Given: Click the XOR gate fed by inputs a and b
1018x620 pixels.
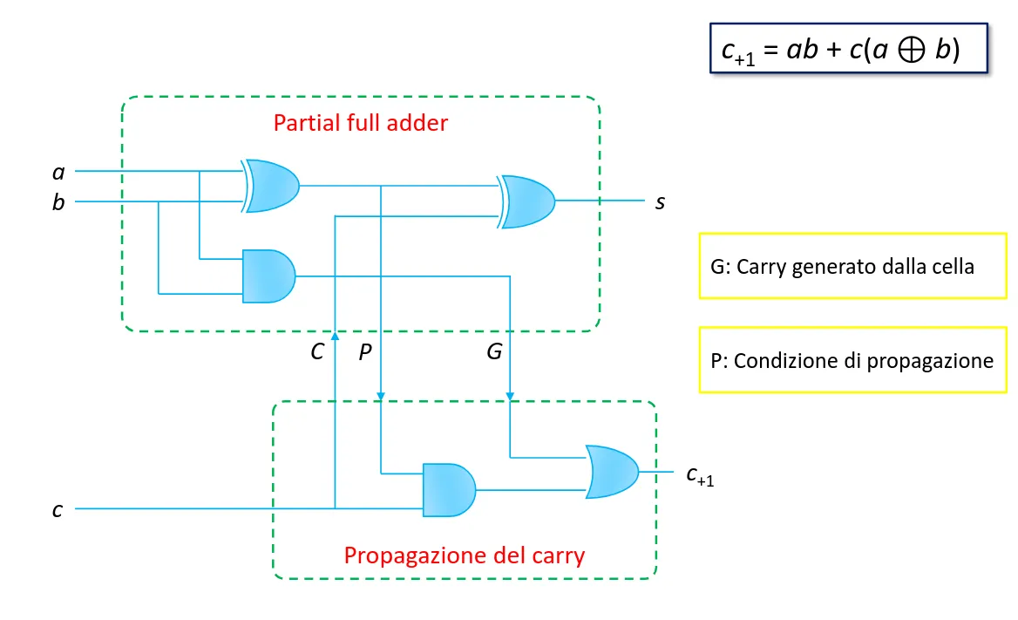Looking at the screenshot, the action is tap(271, 186).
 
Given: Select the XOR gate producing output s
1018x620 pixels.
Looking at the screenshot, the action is tap(526, 201).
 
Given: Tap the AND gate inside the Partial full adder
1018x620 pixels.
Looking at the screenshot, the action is tap(268, 276).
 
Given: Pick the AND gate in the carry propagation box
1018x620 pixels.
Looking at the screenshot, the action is tap(449, 490).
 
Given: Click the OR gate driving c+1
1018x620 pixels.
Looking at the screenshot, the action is tap(612, 472).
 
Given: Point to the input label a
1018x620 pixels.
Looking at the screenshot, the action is tap(58, 173).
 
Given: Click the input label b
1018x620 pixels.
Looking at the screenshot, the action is tap(58, 202).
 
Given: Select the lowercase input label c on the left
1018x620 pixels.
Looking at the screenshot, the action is tap(58, 510).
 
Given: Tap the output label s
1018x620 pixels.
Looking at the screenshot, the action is tap(661, 202).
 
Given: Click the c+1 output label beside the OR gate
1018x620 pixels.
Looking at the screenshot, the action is tap(700, 476).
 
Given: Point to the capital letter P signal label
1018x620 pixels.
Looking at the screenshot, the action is tap(365, 351).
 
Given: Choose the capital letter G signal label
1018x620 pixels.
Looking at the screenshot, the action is tap(495, 351).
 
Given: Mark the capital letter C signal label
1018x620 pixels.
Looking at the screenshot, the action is tap(317, 351).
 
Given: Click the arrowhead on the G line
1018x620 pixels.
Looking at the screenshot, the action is tap(510, 397).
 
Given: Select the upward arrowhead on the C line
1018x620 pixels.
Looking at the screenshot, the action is tap(335, 336).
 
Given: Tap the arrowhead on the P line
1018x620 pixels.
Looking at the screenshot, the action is tap(381, 397).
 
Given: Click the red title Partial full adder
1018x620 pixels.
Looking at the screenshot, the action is tap(360, 123).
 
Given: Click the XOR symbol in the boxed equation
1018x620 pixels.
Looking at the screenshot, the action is tap(912, 50).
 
